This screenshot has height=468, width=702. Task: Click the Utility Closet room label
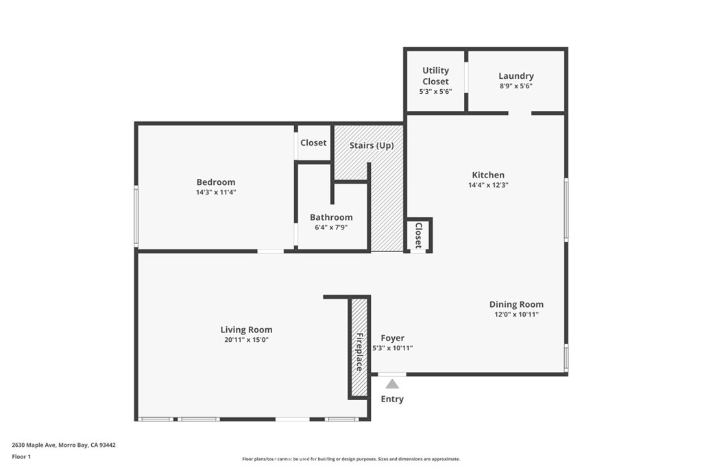pyautogui.click(x=435, y=75)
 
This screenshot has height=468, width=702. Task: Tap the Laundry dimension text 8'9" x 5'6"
pyautogui.click(x=516, y=86)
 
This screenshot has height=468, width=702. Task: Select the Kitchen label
pyautogui.click(x=487, y=175)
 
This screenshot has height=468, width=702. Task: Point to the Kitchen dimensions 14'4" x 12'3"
pyautogui.click(x=487, y=185)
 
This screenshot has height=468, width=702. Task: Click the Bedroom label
pyautogui.click(x=215, y=182)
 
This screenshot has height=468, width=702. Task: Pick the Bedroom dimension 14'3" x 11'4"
pyautogui.click(x=215, y=193)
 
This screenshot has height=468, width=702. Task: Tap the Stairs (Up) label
pyautogui.click(x=371, y=145)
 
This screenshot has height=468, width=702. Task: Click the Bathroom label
pyautogui.click(x=330, y=217)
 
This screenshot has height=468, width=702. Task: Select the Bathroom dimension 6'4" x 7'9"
pyautogui.click(x=330, y=227)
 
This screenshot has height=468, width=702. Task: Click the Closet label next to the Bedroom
pyautogui.click(x=313, y=143)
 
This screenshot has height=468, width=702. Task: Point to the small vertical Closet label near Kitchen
pyautogui.click(x=418, y=235)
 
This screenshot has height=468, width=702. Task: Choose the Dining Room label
pyautogui.click(x=516, y=304)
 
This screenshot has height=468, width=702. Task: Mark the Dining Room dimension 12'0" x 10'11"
pyautogui.click(x=516, y=315)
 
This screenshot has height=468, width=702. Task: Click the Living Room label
pyautogui.click(x=246, y=330)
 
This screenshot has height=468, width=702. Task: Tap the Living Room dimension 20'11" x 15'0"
pyautogui.click(x=246, y=340)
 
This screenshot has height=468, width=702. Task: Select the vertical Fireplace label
pyautogui.click(x=359, y=352)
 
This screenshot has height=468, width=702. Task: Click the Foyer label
pyautogui.click(x=392, y=338)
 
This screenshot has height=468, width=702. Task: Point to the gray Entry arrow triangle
pyautogui.click(x=392, y=384)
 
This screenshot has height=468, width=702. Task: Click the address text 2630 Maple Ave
pyautogui.click(x=34, y=445)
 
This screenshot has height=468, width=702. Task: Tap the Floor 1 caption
pyautogui.click(x=21, y=456)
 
